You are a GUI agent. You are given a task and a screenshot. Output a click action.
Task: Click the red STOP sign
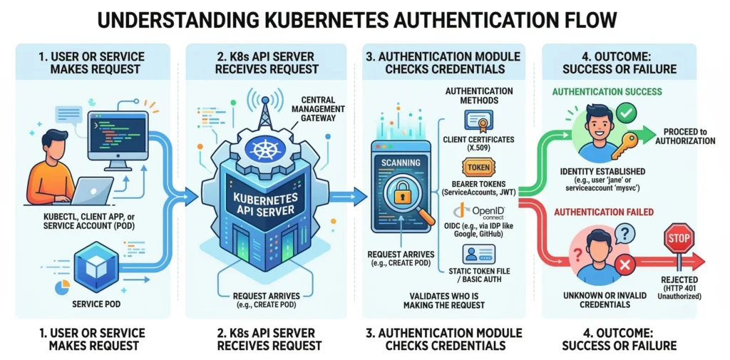click(679, 239)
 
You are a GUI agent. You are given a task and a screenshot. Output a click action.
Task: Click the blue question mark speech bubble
click(624, 233)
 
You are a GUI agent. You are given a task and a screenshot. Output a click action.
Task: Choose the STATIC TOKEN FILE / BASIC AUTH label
click(475, 274)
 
